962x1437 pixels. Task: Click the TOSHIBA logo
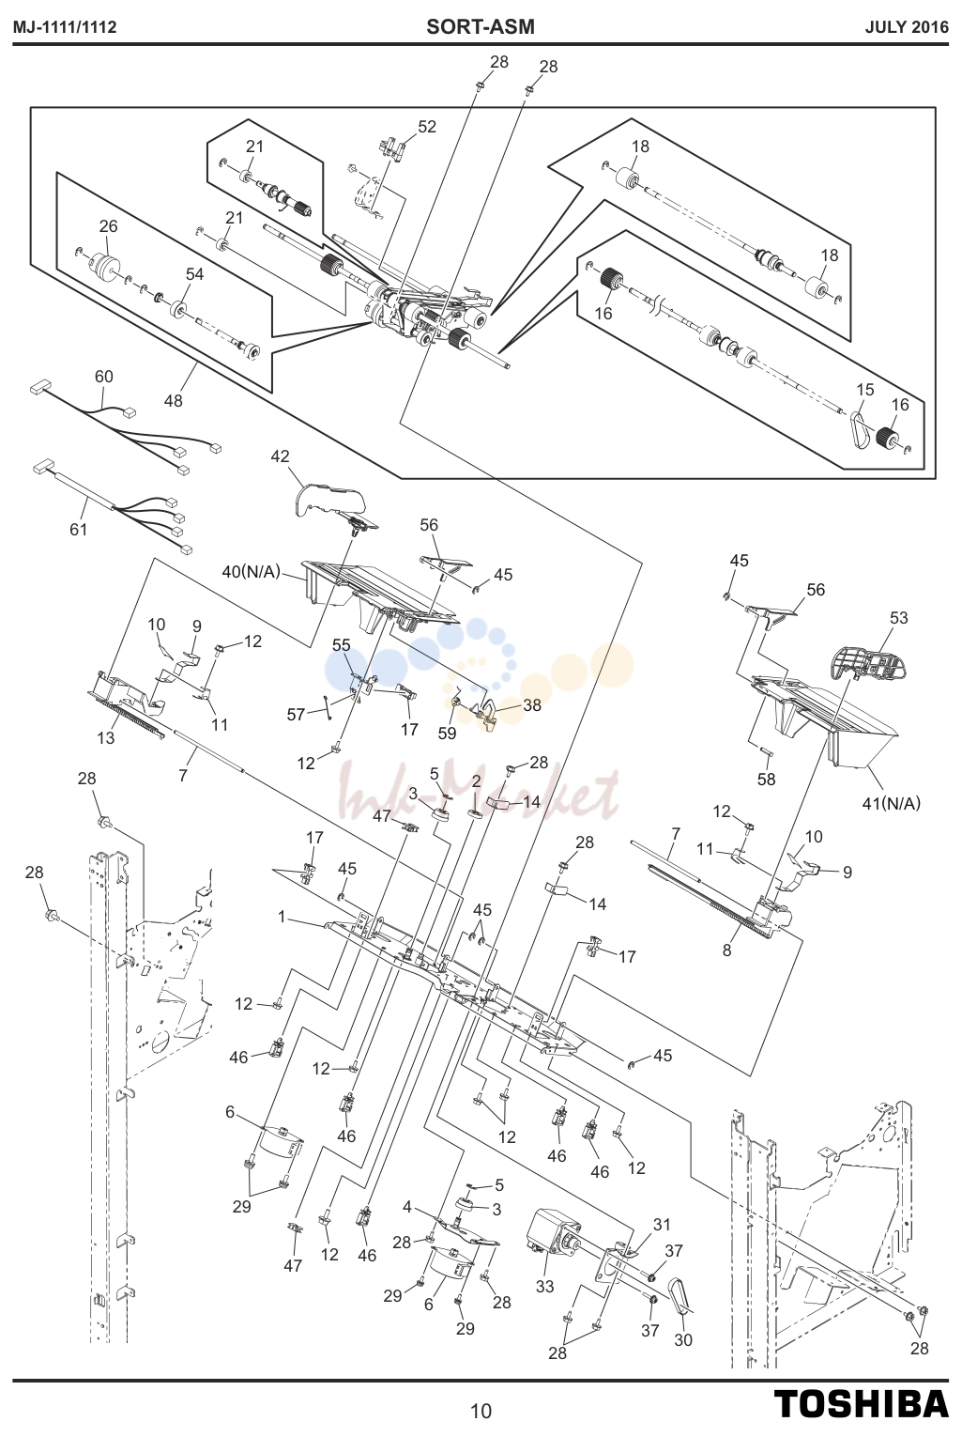tap(862, 1404)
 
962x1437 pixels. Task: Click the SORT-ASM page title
tap(481, 26)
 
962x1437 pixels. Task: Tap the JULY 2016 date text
tap(907, 27)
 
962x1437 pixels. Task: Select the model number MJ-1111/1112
tap(65, 27)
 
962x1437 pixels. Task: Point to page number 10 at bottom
tap(481, 1411)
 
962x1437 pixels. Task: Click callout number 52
tap(427, 127)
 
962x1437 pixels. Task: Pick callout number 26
tap(108, 225)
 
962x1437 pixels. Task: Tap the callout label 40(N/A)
tap(252, 571)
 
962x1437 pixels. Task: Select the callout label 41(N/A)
tap(891, 802)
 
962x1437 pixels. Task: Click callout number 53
tap(898, 617)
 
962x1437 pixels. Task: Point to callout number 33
tap(544, 1286)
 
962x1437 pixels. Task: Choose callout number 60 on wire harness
tap(104, 376)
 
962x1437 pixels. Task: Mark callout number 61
tap(78, 530)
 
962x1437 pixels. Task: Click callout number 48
tap(173, 400)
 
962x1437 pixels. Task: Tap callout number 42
tap(280, 456)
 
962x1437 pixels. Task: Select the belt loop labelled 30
tap(680, 1296)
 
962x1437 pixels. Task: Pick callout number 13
tap(106, 737)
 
